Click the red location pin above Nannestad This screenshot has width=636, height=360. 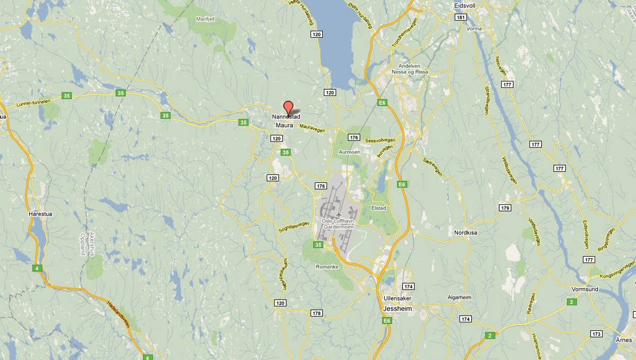click(x=288, y=106)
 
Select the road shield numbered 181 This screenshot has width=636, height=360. click(x=460, y=17)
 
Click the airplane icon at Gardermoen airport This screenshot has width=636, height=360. click(x=339, y=214)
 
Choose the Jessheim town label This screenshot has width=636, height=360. click(x=397, y=308)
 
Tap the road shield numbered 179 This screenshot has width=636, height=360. click(x=505, y=208)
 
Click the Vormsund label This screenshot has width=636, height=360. click(x=585, y=289)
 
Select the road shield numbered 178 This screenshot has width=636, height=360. click(x=316, y=313)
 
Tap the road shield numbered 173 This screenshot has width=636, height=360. click(x=596, y=334)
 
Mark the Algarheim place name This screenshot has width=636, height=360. click(x=459, y=297)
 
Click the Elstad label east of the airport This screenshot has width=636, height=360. click(x=379, y=208)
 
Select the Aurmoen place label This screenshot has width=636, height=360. click(x=349, y=152)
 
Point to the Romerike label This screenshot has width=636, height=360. click(x=327, y=267)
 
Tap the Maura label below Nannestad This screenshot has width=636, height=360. click(x=284, y=125)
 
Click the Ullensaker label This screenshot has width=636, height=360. click(x=397, y=298)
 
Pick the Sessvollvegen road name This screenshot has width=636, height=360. click(x=381, y=141)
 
